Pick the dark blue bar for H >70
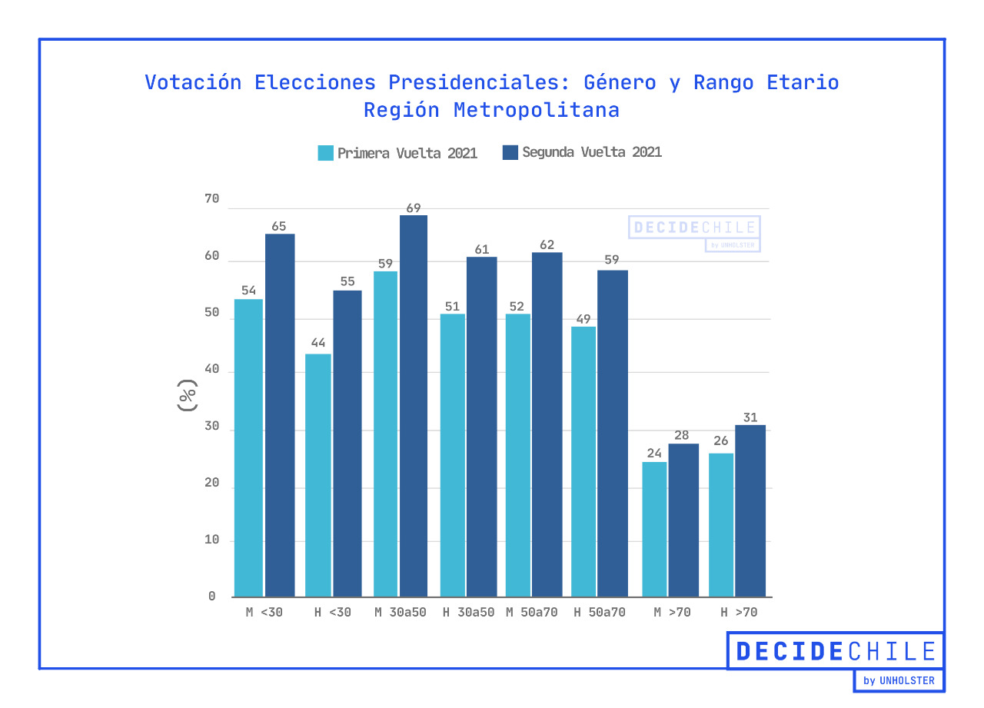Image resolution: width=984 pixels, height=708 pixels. [750, 510]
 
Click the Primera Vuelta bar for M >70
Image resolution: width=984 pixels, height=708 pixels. [654, 529]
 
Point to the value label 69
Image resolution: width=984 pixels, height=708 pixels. [414, 208]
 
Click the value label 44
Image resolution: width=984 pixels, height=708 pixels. [318, 342]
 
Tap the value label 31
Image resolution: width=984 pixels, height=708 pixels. [750, 418]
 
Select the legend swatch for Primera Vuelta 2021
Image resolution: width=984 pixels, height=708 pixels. [325, 152]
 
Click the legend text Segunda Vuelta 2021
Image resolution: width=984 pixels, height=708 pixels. [591, 152]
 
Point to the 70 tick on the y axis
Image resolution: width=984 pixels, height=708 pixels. [211, 199]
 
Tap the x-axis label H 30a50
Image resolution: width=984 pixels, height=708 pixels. [468, 613]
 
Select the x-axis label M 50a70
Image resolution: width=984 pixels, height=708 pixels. [532, 613]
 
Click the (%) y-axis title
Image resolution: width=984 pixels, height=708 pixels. [187, 397]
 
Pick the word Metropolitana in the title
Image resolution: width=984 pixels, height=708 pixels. [536, 110]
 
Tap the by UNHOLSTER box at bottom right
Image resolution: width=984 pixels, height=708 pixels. [899, 680]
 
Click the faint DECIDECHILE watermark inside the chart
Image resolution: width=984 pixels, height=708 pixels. [694, 228]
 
